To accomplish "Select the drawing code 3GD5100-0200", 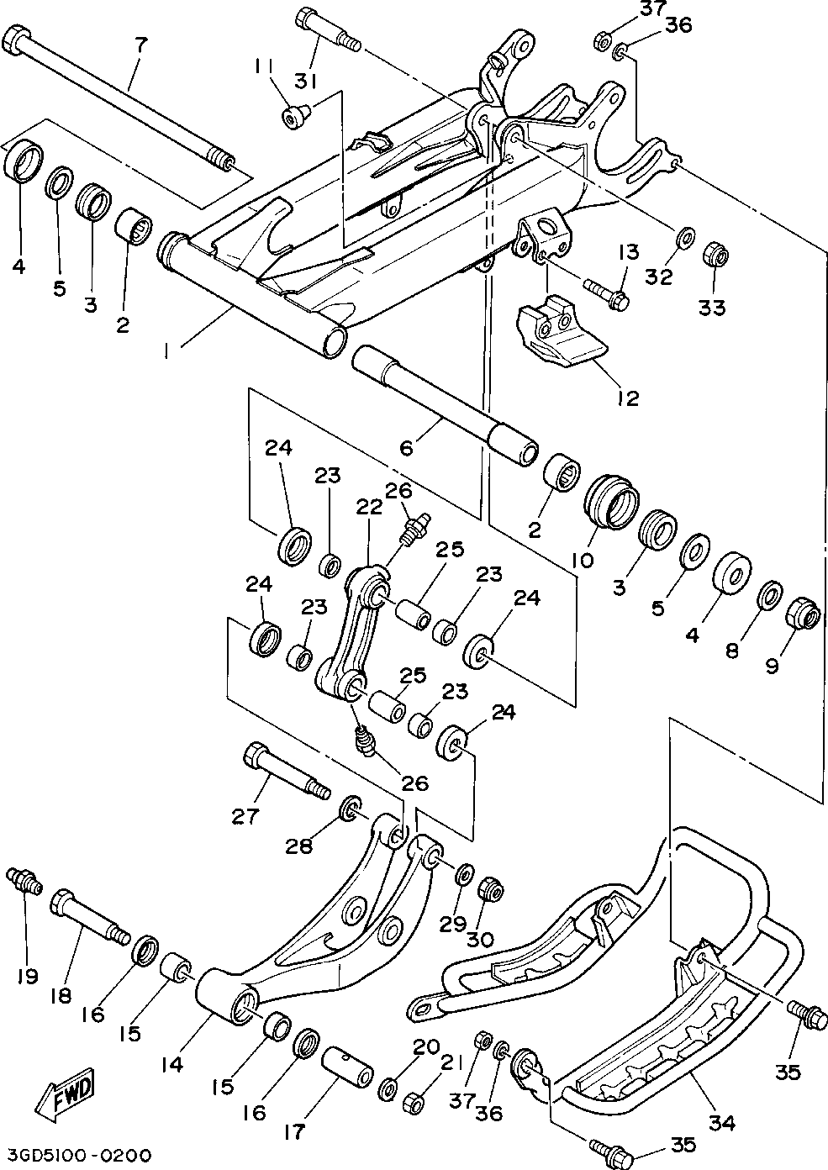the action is click(76, 1154).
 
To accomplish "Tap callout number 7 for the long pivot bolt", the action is click(140, 45).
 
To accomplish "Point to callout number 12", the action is click(627, 398).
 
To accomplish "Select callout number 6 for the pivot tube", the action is click(406, 448).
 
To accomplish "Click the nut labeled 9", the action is click(803, 616).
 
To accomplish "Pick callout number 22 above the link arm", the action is click(369, 507).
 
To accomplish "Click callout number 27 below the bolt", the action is click(245, 815).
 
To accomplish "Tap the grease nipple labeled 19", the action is click(24, 882).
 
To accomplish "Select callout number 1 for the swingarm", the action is click(166, 354).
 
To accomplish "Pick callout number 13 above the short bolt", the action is click(630, 252).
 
